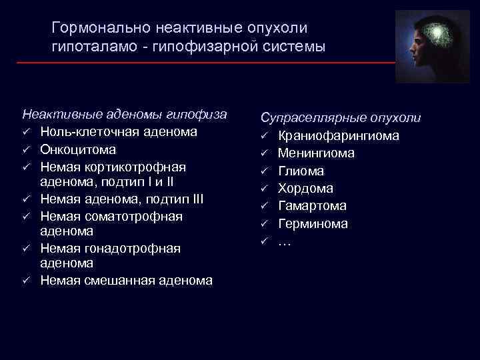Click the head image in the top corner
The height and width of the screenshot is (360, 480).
pos(437,47)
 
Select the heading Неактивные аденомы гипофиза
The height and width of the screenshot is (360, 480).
pos(124,114)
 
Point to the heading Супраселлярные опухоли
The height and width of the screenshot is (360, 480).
pos(341,118)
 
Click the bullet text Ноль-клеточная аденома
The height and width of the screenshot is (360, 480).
pos(119,132)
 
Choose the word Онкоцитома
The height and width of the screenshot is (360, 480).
pos(78,149)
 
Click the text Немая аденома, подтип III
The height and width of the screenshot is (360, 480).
pos(122,199)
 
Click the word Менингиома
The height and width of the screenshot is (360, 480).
pos(316,153)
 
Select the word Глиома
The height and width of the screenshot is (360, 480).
pos(301,171)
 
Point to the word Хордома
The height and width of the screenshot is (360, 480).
pos(305,189)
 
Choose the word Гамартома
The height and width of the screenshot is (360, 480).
pos(310,206)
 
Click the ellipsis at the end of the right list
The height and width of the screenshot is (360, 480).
pos(284,241)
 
